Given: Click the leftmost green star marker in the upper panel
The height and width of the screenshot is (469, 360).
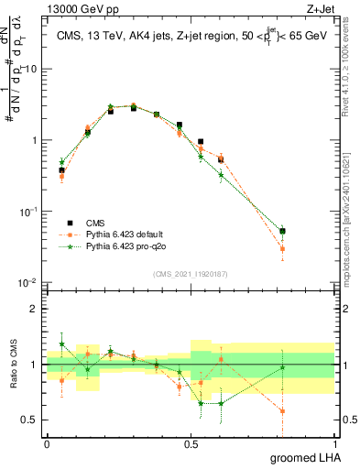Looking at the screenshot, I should coord(62,162).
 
